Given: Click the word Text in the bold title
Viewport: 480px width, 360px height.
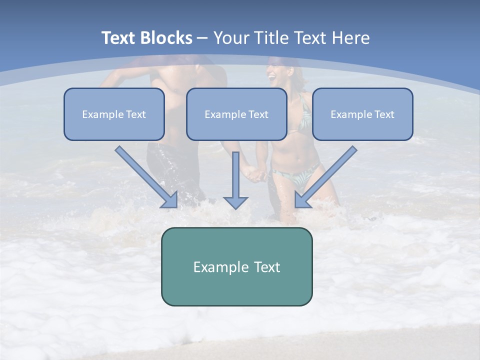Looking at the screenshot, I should click(119, 38).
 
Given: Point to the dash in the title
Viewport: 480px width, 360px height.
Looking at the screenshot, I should click(202, 38).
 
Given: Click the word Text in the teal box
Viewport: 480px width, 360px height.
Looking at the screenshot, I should click(266, 267).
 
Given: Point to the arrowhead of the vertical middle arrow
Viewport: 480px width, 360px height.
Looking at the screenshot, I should click(235, 202).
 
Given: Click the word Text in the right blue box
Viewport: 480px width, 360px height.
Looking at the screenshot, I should click(384, 114).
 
